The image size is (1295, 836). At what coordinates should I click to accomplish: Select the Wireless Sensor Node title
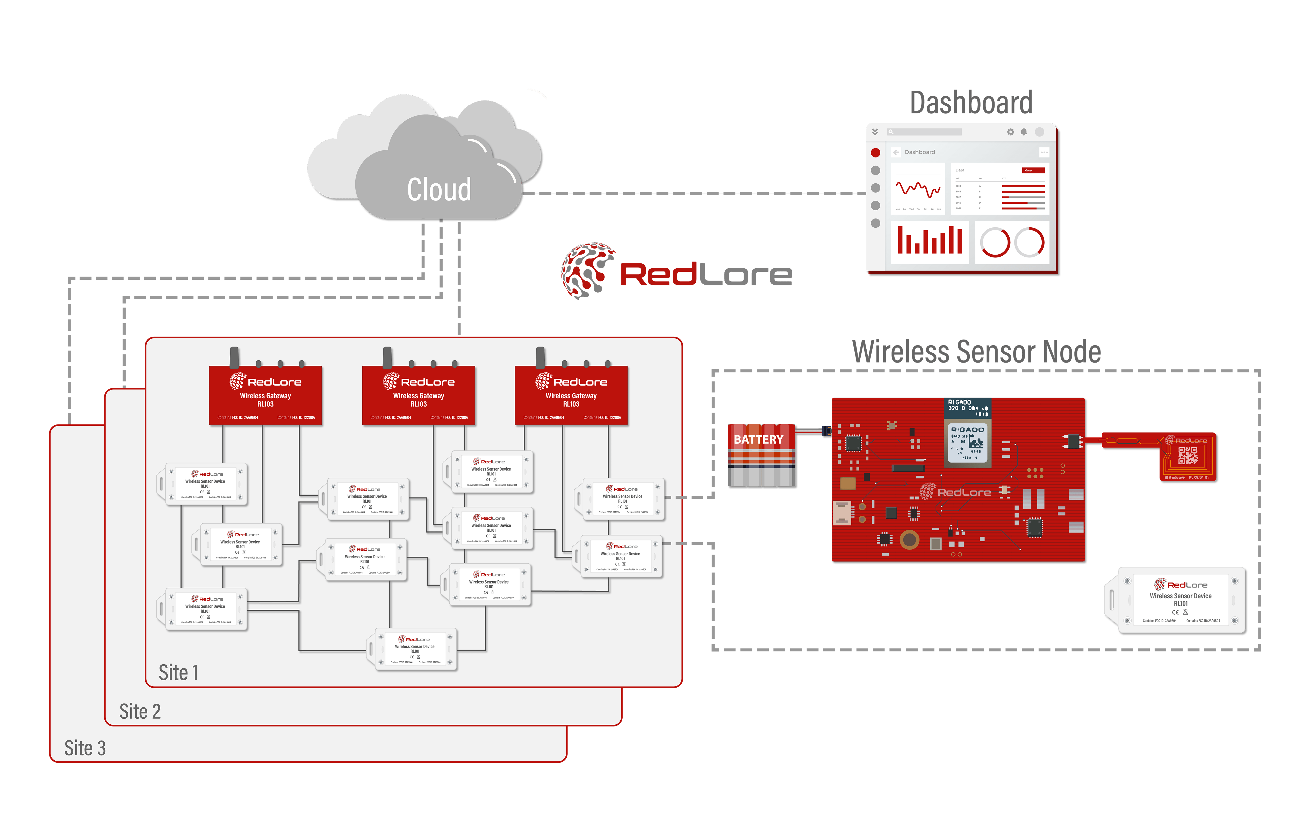[976, 352]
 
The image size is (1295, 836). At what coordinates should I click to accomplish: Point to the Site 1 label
[178, 673]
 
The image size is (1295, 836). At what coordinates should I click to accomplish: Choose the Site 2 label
[140, 711]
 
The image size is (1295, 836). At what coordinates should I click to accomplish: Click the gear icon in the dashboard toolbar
[1010, 132]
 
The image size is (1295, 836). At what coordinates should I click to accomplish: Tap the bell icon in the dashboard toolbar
[1024, 132]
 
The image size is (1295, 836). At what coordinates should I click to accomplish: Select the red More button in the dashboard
[1033, 170]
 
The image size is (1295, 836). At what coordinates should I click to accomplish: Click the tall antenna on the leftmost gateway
[234, 357]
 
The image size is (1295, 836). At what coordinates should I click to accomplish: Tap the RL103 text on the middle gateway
[419, 404]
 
